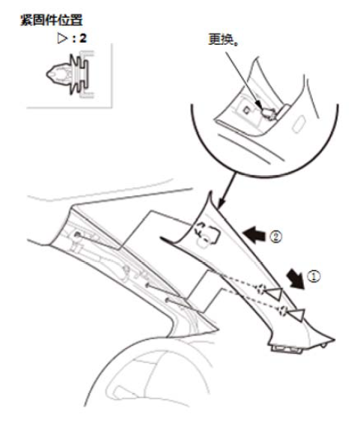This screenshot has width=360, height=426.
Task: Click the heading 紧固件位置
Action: pyautogui.click(x=52, y=20)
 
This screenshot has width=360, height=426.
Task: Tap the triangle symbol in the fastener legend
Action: pyautogui.click(x=62, y=38)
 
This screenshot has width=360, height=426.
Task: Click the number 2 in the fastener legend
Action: pyautogui.click(x=83, y=38)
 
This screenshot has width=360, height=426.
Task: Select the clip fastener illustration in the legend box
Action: pyautogui.click(x=70, y=74)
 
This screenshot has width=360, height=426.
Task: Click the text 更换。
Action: pyautogui.click(x=223, y=40)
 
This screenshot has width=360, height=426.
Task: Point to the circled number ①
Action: pyautogui.click(x=314, y=276)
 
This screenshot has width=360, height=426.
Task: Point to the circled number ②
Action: pyautogui.click(x=275, y=237)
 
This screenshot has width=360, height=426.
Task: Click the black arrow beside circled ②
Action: pyautogui.click(x=254, y=234)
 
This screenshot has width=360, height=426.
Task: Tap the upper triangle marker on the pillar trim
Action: pyautogui.click(x=275, y=294)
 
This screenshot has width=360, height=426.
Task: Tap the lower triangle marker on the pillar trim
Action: pyautogui.click(x=296, y=315)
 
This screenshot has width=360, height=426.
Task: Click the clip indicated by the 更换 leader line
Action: pyautogui.click(x=269, y=113)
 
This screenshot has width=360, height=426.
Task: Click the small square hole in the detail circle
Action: pyautogui.click(x=246, y=111)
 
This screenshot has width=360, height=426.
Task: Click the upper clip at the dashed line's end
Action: pyautogui.click(x=260, y=289)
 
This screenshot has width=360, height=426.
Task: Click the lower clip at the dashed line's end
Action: pyautogui.click(x=283, y=311)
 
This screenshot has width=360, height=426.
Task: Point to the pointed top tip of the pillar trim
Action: pyautogui.click(x=210, y=192)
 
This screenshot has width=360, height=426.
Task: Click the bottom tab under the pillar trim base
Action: pyautogui.click(x=287, y=349)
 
